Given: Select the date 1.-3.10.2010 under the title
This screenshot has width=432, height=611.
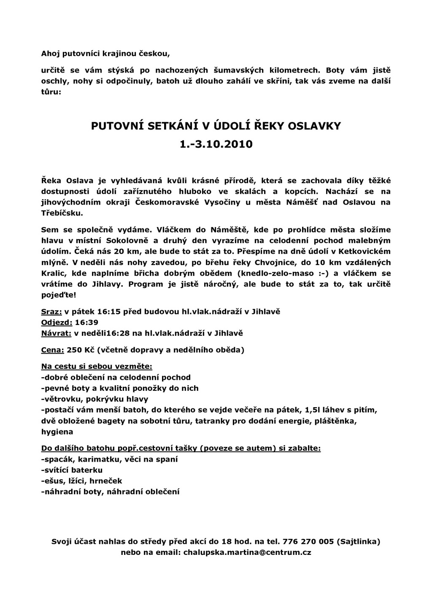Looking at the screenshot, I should [x=216, y=144].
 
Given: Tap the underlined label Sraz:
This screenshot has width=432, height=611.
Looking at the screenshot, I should [x=51, y=312].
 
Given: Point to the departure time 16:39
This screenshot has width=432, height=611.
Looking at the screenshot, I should [x=86, y=323].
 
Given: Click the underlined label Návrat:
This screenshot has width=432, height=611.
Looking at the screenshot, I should [x=56, y=333].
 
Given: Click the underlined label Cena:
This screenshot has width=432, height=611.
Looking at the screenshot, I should [x=53, y=350].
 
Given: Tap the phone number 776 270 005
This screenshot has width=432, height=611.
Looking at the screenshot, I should [x=308, y=541].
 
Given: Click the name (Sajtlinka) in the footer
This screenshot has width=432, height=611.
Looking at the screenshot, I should [x=358, y=541].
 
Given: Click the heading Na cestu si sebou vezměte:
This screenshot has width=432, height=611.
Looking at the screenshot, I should [x=97, y=366].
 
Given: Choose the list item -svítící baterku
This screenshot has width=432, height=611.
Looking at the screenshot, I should [x=72, y=470].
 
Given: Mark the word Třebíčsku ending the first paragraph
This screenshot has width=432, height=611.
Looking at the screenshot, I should [x=62, y=213].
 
